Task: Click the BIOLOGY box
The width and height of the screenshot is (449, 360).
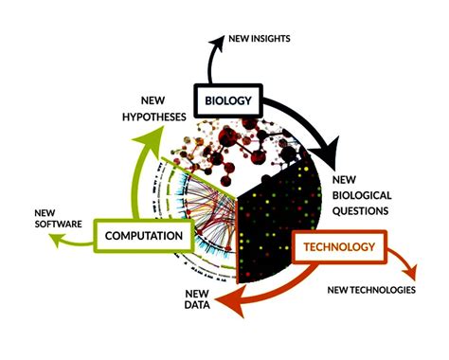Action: [x=228, y=100]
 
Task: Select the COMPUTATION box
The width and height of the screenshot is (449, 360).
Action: [x=144, y=236]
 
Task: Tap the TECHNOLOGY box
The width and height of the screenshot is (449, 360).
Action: [x=339, y=246]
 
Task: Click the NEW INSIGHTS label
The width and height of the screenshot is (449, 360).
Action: [x=260, y=39]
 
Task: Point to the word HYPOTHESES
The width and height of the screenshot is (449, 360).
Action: [x=154, y=117]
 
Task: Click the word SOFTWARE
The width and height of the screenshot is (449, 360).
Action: [x=58, y=224]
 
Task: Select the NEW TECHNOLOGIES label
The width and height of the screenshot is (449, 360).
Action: [x=371, y=290]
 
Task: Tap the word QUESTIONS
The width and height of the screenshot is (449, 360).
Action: [x=360, y=210]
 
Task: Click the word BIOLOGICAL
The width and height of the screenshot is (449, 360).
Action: [x=362, y=195]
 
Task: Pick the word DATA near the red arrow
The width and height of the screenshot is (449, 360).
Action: [x=197, y=305]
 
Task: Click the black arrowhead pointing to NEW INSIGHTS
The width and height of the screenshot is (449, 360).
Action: [x=217, y=43]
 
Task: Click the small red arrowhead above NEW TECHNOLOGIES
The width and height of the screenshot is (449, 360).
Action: [x=410, y=272]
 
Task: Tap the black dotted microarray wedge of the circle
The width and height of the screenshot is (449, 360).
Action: [x=277, y=221]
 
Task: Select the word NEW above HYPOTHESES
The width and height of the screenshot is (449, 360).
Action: [x=153, y=100]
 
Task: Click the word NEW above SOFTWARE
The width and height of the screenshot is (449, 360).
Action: [x=45, y=213]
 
